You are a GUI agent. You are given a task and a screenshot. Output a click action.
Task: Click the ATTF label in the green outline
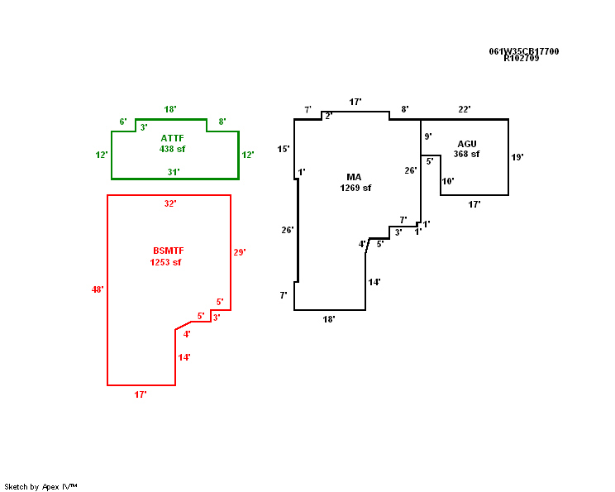click(x=173, y=138)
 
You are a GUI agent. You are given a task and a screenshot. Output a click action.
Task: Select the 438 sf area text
click(x=173, y=149)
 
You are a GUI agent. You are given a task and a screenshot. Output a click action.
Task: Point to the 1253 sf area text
click(x=165, y=262)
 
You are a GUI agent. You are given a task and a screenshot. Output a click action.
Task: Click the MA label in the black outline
click(x=354, y=177)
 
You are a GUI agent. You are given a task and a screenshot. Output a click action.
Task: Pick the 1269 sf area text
click(x=355, y=188)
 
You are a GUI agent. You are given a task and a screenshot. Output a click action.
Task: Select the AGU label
click(x=467, y=144)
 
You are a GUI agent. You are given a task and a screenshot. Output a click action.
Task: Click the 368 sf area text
click(x=466, y=154)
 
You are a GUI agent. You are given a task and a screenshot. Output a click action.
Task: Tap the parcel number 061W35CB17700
click(x=523, y=51)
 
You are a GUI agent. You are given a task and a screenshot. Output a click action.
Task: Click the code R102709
click(x=521, y=59)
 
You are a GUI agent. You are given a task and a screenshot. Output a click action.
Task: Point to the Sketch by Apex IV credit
click(x=41, y=486)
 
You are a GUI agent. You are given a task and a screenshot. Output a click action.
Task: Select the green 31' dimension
click(x=174, y=172)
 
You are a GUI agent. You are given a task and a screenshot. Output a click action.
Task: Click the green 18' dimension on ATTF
click(x=170, y=109)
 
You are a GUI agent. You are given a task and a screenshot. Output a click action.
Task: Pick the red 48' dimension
click(x=98, y=289)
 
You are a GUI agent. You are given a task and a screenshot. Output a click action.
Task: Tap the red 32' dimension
click(x=170, y=203)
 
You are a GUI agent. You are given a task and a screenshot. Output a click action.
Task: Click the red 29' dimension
click(x=240, y=252)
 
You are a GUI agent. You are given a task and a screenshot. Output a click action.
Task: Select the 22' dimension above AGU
click(x=465, y=109)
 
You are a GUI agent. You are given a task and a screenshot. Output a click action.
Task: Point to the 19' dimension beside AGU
click(x=517, y=156)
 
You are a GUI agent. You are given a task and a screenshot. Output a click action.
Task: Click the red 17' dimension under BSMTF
click(x=141, y=395)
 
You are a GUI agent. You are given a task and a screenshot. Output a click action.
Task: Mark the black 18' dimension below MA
click(x=329, y=319)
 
